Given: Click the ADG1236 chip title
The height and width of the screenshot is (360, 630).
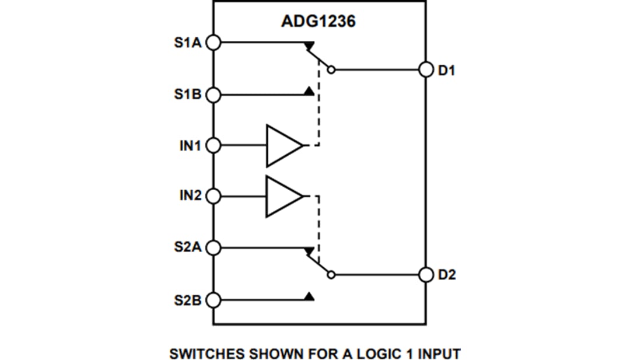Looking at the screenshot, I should tap(318, 22).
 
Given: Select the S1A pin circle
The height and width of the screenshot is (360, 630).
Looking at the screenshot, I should tap(213, 43).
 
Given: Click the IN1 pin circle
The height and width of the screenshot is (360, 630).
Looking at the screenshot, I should tap(213, 145).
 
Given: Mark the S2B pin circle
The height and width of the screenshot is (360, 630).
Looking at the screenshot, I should tap(213, 300).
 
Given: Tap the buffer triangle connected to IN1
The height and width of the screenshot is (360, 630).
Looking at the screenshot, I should tap(282, 145).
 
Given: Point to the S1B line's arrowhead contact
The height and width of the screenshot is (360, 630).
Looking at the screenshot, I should tap(309, 92).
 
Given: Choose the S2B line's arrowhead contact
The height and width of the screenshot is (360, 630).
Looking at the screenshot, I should tap(309, 297).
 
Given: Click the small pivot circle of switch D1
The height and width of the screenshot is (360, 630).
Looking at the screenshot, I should tap(331, 69).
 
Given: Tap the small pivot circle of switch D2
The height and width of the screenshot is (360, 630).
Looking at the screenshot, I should tap(331, 274).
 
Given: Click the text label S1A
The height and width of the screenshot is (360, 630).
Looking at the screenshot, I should tap(187, 43).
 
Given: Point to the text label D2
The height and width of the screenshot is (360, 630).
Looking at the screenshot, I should tap(447, 275).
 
